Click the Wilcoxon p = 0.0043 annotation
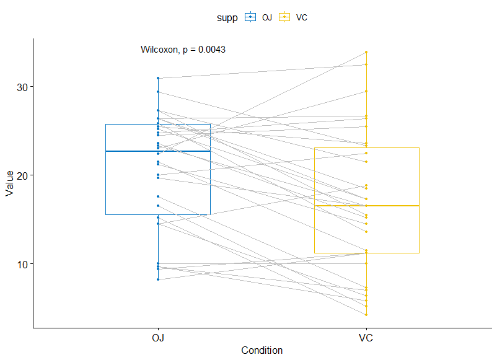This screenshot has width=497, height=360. point(183,50)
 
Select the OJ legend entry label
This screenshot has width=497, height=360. point(267,18)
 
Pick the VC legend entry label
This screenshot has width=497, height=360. point(302,18)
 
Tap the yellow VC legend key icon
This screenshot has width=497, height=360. point(286,17)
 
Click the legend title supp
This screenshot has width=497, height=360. point(227,17)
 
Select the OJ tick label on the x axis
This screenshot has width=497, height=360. point(158,338)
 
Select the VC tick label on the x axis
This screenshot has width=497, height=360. point(366,338)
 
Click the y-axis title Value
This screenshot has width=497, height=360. point(9,183)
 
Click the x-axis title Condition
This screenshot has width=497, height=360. point(262,351)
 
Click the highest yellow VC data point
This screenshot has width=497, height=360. point(366,52)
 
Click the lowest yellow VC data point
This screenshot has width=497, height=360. point(366,315)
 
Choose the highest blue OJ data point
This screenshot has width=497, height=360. point(158,78)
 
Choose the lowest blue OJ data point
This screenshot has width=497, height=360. point(158,279)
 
